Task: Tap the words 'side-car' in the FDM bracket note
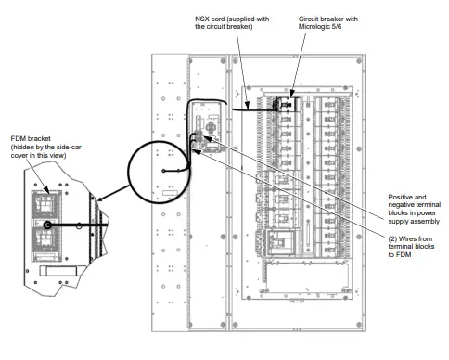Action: coord(65,148)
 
